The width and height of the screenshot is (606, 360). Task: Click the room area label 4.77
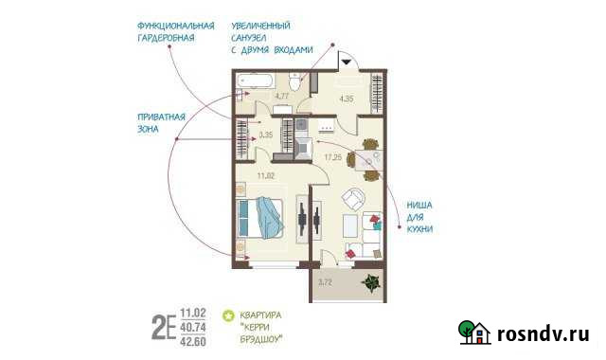281,97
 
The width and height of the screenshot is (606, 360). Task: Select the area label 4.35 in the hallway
347,97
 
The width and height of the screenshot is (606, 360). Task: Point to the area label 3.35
265,135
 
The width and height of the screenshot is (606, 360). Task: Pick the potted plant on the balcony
370,281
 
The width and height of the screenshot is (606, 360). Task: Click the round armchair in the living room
354,200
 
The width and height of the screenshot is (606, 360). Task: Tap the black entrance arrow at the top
347,62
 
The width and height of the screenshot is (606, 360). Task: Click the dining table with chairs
368,159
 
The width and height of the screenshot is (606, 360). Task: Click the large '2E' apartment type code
163,327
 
